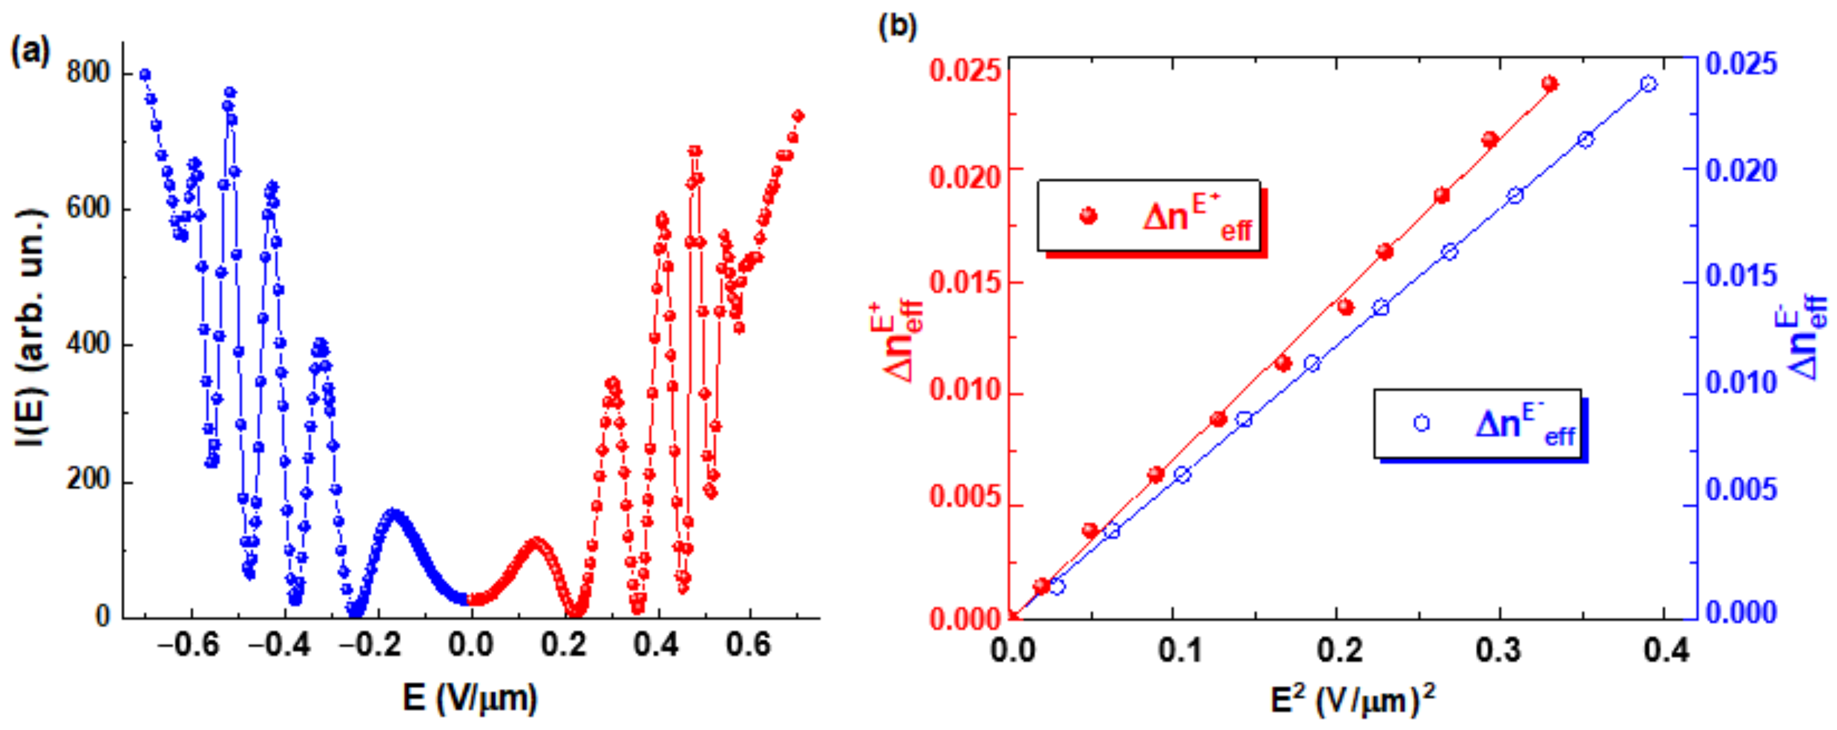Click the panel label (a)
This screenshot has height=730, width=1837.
click(x=30, y=52)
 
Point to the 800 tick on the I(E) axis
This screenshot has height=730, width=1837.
click(x=88, y=73)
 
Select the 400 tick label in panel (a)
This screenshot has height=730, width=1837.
click(x=88, y=344)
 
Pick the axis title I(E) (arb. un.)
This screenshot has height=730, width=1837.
click(x=30, y=328)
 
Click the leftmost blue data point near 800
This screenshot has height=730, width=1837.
click(x=145, y=74)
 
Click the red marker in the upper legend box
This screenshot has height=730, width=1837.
click(x=1088, y=215)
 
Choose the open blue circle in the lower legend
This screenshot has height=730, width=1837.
click(x=1421, y=423)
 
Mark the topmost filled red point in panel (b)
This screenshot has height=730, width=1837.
click(x=1549, y=84)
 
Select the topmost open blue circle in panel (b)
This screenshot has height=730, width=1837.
click(x=1648, y=84)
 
